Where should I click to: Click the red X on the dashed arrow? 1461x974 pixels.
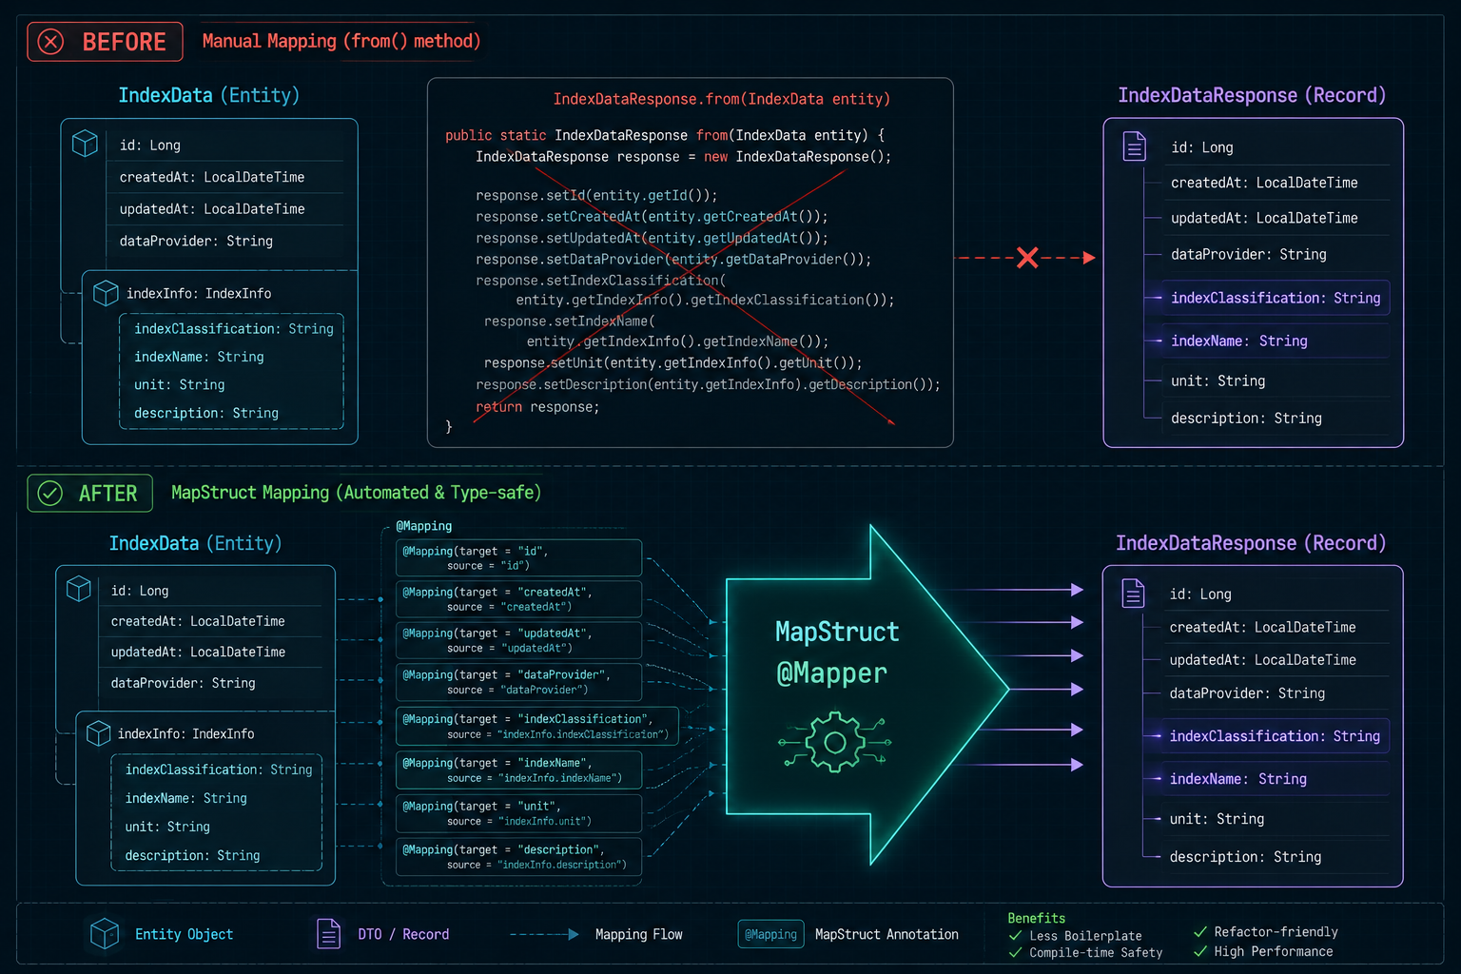pos(1027,258)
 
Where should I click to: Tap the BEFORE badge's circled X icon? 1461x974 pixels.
pos(50,42)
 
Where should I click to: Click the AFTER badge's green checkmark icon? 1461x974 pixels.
pos(50,494)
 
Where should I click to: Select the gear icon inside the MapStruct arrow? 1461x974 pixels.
pos(835,742)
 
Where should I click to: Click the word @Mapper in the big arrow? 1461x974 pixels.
pos(831,673)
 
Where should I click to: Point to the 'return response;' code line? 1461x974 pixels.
pos(537,407)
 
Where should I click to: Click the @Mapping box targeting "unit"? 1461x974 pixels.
pos(518,813)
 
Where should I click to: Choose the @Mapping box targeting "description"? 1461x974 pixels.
pos(518,857)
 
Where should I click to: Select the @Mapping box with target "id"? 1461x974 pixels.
pos(518,557)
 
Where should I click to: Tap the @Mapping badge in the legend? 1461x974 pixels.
pos(770,934)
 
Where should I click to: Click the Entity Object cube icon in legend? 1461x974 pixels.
pos(105,933)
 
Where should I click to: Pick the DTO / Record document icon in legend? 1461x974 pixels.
pos(329,933)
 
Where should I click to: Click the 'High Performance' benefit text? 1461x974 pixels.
pos(1274,952)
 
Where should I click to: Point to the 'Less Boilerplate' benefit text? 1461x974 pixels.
pos(1085,936)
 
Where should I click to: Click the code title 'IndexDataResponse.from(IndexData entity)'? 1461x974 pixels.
pos(721,99)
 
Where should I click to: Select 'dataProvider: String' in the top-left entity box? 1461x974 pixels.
pos(196,242)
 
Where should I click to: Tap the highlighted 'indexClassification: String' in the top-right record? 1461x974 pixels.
pos(1276,298)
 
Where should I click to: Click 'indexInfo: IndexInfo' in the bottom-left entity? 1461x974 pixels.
pos(185,734)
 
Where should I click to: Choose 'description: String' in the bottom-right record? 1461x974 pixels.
pos(1245,857)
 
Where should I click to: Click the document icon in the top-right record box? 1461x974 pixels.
pos(1134,146)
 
